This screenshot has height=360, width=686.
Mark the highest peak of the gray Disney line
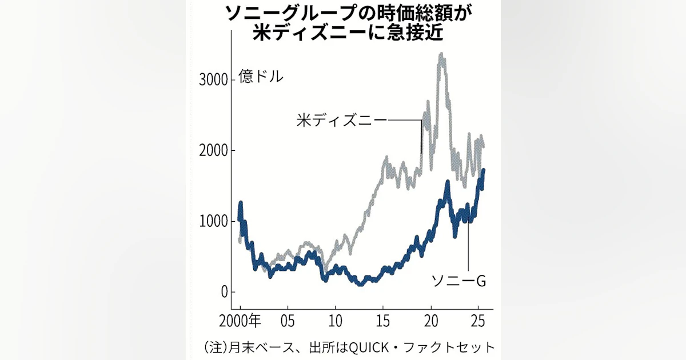click(442, 55)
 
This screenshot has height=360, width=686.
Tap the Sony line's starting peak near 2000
click(241, 203)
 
